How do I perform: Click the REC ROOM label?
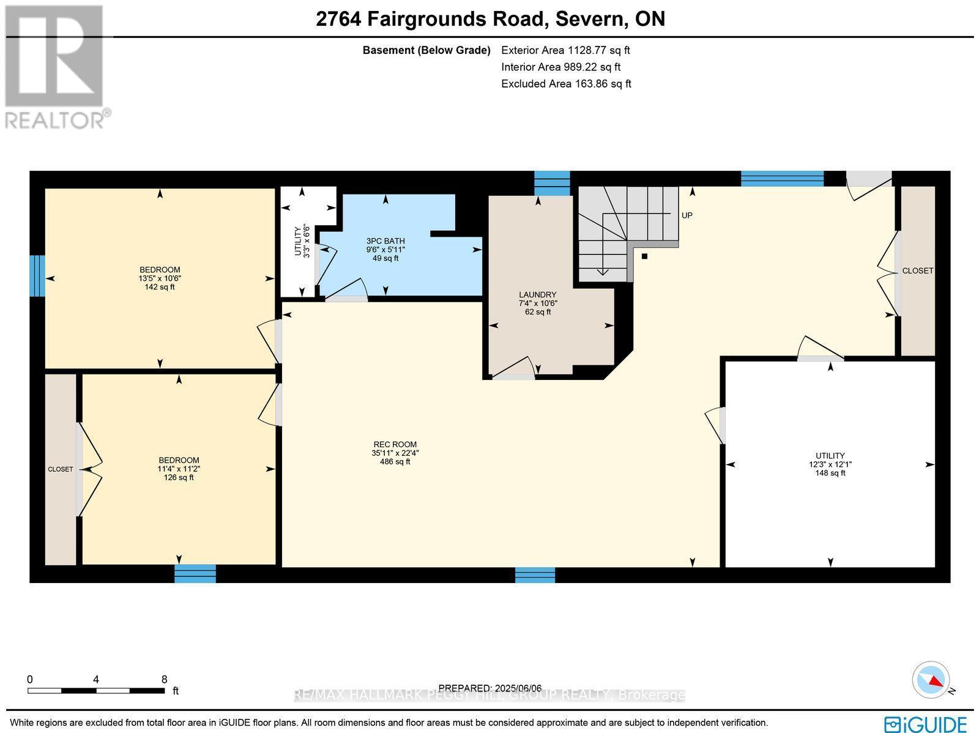[395, 453]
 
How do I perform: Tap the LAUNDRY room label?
[537, 303]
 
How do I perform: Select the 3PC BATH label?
[385, 250]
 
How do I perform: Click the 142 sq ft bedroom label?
[160, 278]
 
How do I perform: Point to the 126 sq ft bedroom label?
[178, 469]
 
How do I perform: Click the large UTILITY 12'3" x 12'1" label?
[830, 464]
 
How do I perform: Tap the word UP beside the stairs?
[687, 215]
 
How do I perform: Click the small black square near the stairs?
[644, 256]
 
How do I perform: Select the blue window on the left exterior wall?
[37, 275]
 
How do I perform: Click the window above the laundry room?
[552, 183]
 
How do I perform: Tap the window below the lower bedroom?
[195, 573]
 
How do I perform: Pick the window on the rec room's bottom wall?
[535, 575]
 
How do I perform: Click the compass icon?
[931, 680]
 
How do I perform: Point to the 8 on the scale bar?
[164, 679]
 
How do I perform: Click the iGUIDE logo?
[925, 724]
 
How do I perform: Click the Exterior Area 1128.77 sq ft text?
[565, 50]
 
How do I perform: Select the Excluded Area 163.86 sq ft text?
[566, 84]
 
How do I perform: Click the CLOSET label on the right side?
[918, 270]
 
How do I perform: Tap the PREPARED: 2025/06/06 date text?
[490, 688]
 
